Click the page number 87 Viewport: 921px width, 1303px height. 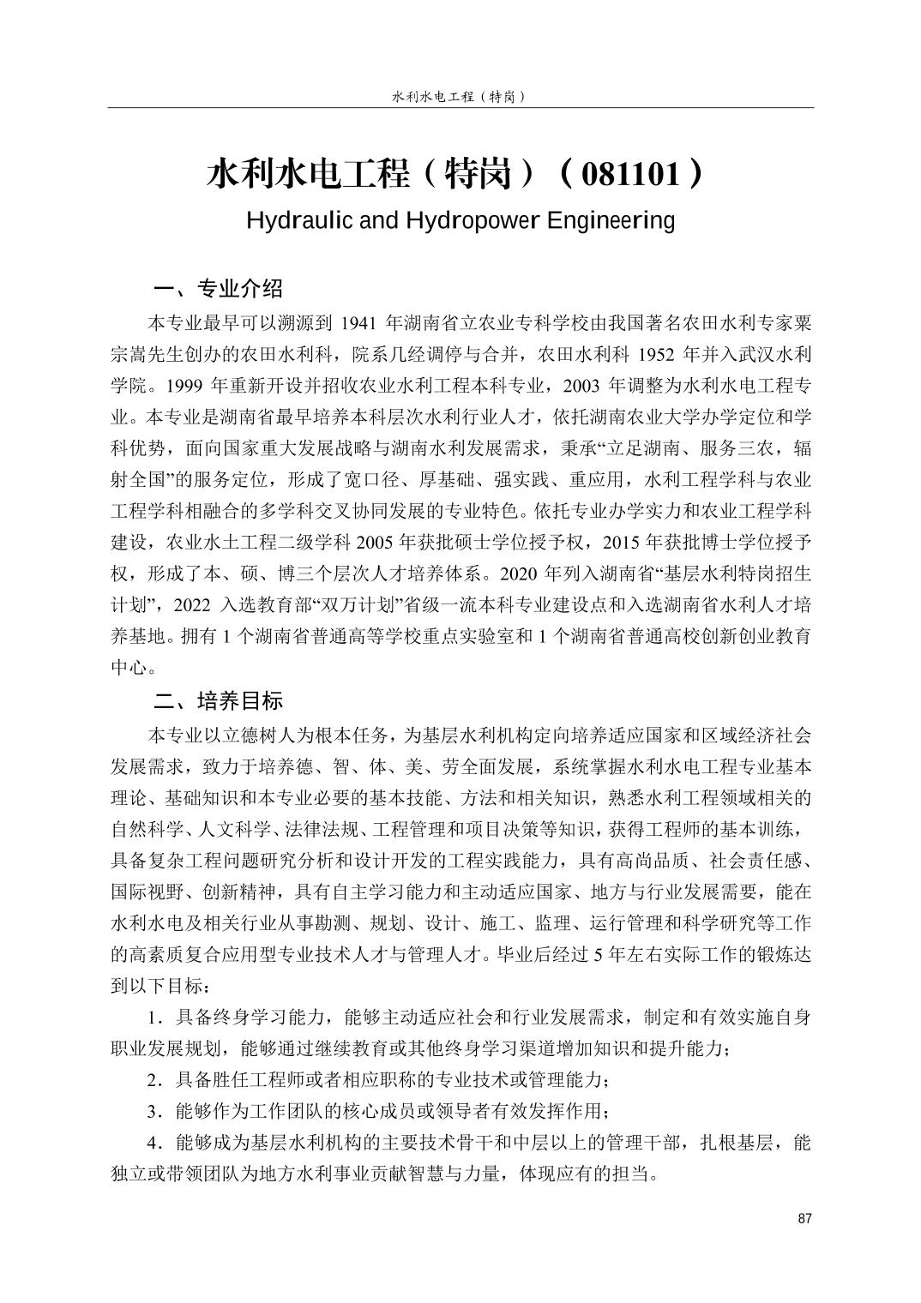click(x=804, y=1220)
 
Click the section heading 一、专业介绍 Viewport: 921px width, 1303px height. click(x=217, y=287)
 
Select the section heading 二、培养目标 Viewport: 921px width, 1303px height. click(x=217, y=701)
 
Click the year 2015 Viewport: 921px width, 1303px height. click(x=623, y=543)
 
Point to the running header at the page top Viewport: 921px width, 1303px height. click(x=459, y=97)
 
